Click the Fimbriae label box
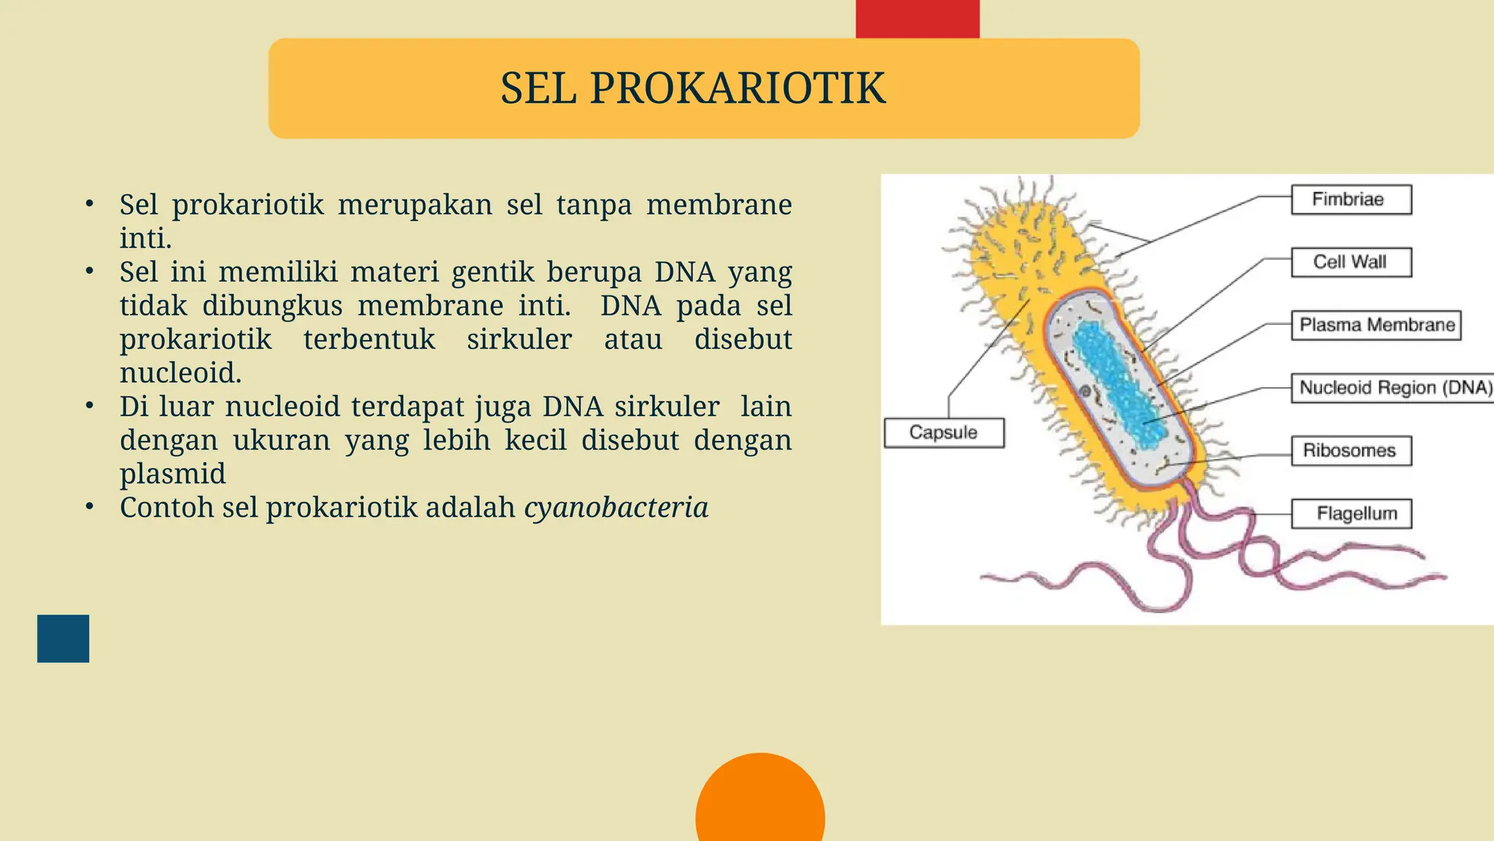click(x=1351, y=199)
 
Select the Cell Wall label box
click(x=1351, y=262)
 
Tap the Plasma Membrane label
click(x=1377, y=325)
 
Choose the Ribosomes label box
click(x=1351, y=450)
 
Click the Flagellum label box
click(x=1351, y=513)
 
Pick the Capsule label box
click(x=943, y=432)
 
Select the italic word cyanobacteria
click(x=616, y=507)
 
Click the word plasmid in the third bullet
click(x=173, y=474)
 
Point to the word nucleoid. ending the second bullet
click(x=180, y=373)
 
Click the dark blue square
click(x=63, y=638)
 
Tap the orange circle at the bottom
click(x=760, y=803)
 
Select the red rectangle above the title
click(x=917, y=19)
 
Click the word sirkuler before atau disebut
click(x=519, y=339)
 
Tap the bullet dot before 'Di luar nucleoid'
click(x=89, y=405)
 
